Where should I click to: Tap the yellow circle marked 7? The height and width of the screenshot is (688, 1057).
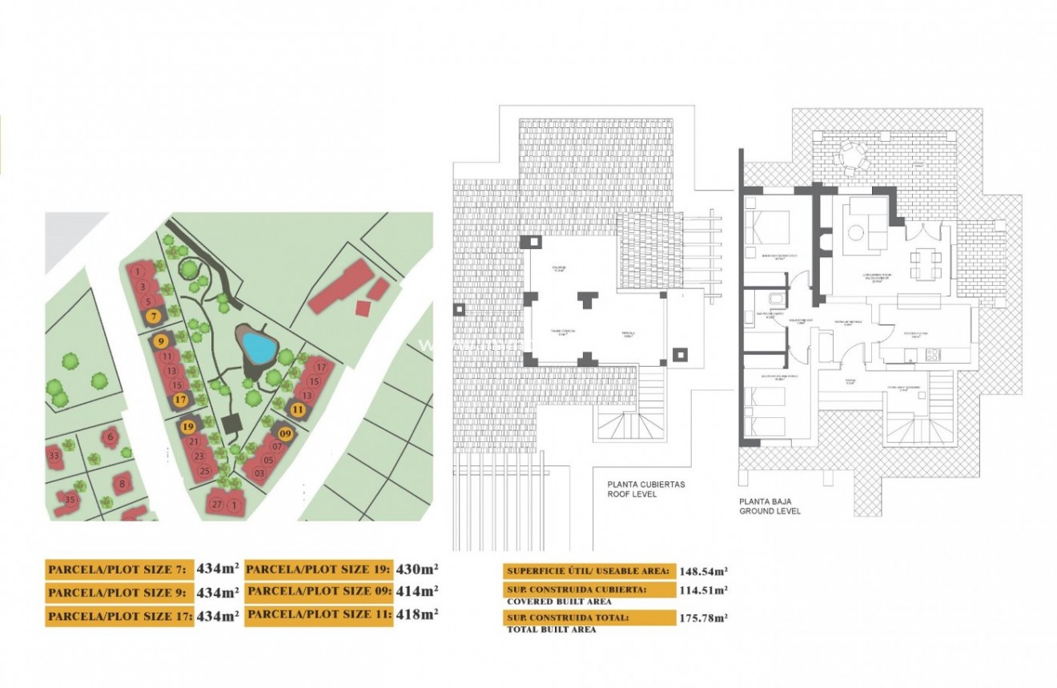pyautogui.click(x=152, y=316)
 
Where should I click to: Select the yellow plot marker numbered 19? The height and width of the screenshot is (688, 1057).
pyautogui.click(x=189, y=426)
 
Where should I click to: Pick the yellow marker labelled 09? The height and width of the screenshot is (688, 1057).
pyautogui.click(x=286, y=433)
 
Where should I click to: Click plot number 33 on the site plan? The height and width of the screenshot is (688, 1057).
pyautogui.click(x=54, y=456)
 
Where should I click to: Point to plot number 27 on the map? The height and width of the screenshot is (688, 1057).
pyautogui.click(x=216, y=505)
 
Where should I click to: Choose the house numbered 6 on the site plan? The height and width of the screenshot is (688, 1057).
pyautogui.click(x=111, y=437)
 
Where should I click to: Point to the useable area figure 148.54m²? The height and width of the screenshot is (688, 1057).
pyautogui.click(x=704, y=571)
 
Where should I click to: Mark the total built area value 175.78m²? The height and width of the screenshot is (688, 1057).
pyautogui.click(x=704, y=618)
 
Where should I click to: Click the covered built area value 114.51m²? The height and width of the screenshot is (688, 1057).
pyautogui.click(x=704, y=590)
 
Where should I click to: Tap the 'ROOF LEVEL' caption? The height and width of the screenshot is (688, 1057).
pyautogui.click(x=632, y=494)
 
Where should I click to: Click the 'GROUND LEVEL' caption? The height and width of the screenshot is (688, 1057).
pyautogui.click(x=770, y=510)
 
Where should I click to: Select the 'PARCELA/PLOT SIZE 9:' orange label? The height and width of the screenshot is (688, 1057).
pyautogui.click(x=119, y=593)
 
